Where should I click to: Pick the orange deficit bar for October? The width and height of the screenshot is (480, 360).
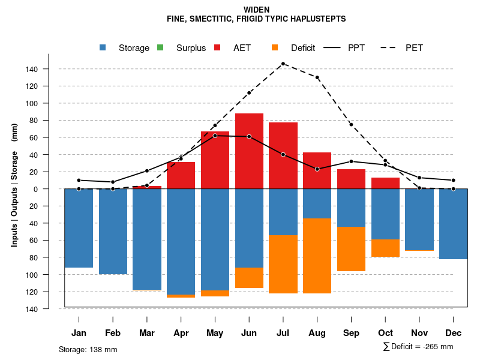[x=385, y=248]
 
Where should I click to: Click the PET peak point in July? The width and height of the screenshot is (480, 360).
[x=283, y=64]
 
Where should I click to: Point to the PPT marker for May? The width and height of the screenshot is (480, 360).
[x=215, y=136]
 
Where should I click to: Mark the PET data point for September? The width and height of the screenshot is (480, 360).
[x=351, y=124]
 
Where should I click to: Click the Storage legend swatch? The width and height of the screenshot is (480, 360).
[x=103, y=48]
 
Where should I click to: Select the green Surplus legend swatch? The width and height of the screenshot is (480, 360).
[x=160, y=48]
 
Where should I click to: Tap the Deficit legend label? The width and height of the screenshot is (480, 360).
[x=303, y=48]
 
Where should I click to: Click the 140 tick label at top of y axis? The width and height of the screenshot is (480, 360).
[x=32, y=69]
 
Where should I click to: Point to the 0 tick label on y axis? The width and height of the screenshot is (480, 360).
[x=36, y=189]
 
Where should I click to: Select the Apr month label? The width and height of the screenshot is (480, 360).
[x=181, y=333]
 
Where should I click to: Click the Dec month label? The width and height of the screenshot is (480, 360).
[x=454, y=333]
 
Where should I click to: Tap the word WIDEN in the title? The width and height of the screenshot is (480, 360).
[x=256, y=10]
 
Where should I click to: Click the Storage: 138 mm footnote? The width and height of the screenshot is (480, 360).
[x=88, y=349]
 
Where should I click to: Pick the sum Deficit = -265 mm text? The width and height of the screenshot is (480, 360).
[x=418, y=347]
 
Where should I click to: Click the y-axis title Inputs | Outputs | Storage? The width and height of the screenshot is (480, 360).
[x=14, y=184]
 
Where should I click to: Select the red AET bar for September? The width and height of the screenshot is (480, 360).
[x=351, y=179]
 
